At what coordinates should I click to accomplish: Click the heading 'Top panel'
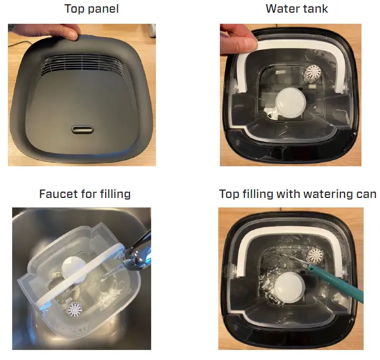[x=91, y=9]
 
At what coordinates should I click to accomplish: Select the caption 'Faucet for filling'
[x=85, y=194]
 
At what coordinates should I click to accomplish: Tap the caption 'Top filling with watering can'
[x=298, y=194]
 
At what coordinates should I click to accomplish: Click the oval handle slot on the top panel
[x=82, y=129]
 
